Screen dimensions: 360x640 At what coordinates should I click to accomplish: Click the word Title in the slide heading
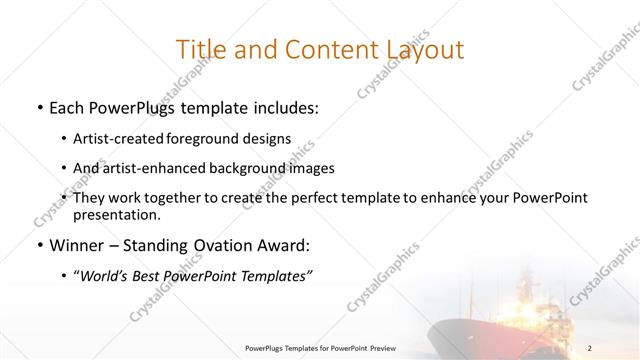200,49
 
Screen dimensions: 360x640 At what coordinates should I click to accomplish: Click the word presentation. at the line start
116,214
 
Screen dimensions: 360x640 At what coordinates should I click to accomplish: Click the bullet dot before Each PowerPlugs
38,107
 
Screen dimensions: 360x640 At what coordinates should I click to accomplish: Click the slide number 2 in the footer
590,348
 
